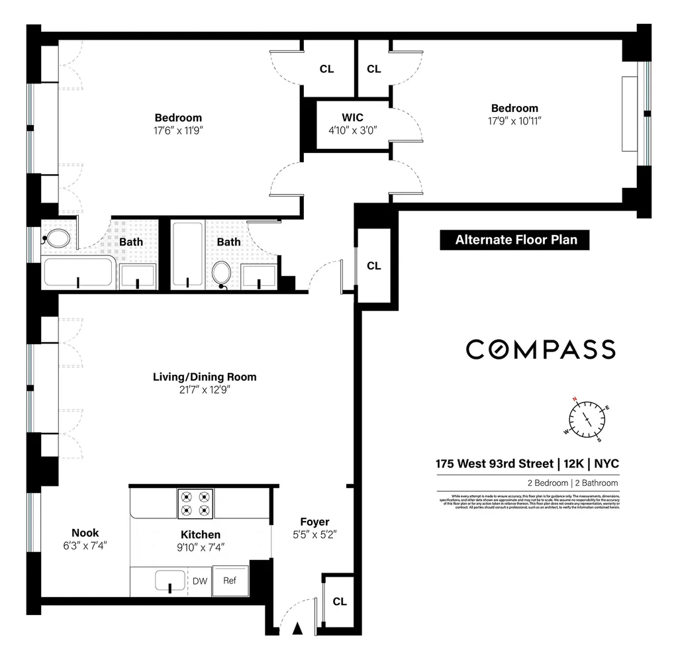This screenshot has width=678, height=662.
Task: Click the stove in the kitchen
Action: [x=195, y=503]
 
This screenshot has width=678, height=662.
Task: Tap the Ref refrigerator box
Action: [x=230, y=581]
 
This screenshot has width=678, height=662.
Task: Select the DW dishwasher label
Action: [x=200, y=581]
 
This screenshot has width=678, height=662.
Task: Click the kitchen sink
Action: [x=169, y=581]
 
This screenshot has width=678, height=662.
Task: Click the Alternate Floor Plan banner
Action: [x=514, y=240]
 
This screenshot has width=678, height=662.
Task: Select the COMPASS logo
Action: [x=540, y=349]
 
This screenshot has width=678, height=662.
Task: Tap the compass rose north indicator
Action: [x=576, y=400]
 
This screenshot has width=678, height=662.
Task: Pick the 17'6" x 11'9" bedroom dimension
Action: [x=178, y=130]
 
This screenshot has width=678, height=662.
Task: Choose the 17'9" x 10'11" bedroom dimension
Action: [x=514, y=120]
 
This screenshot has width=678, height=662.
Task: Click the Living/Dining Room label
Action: [x=205, y=377]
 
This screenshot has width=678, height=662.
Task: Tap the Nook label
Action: [x=85, y=533]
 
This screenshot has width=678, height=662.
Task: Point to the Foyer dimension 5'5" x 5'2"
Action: [x=315, y=535]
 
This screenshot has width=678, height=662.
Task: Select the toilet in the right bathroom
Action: [x=222, y=273]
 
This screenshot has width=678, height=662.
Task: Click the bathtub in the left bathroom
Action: [x=78, y=272]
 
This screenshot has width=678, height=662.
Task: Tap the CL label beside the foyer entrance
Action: [x=340, y=602]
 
